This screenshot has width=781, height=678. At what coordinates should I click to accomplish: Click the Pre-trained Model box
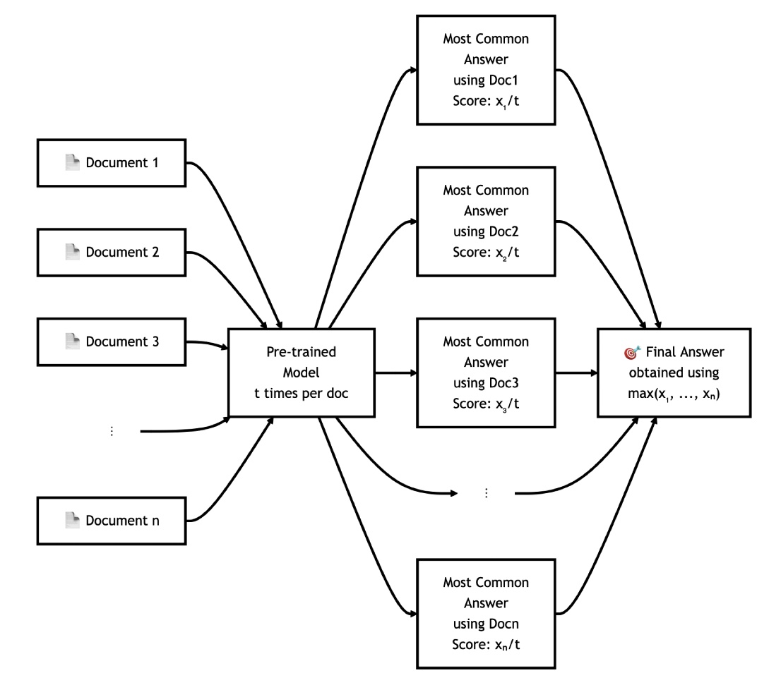(302, 372)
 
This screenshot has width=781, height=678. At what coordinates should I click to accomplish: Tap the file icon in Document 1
(72, 164)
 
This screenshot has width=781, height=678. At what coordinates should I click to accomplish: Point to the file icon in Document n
(72, 521)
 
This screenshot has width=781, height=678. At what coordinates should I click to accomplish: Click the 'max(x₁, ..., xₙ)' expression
(672, 392)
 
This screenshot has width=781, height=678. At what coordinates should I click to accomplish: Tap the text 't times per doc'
(302, 392)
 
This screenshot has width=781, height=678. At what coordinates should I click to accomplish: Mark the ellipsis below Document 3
(111, 431)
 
